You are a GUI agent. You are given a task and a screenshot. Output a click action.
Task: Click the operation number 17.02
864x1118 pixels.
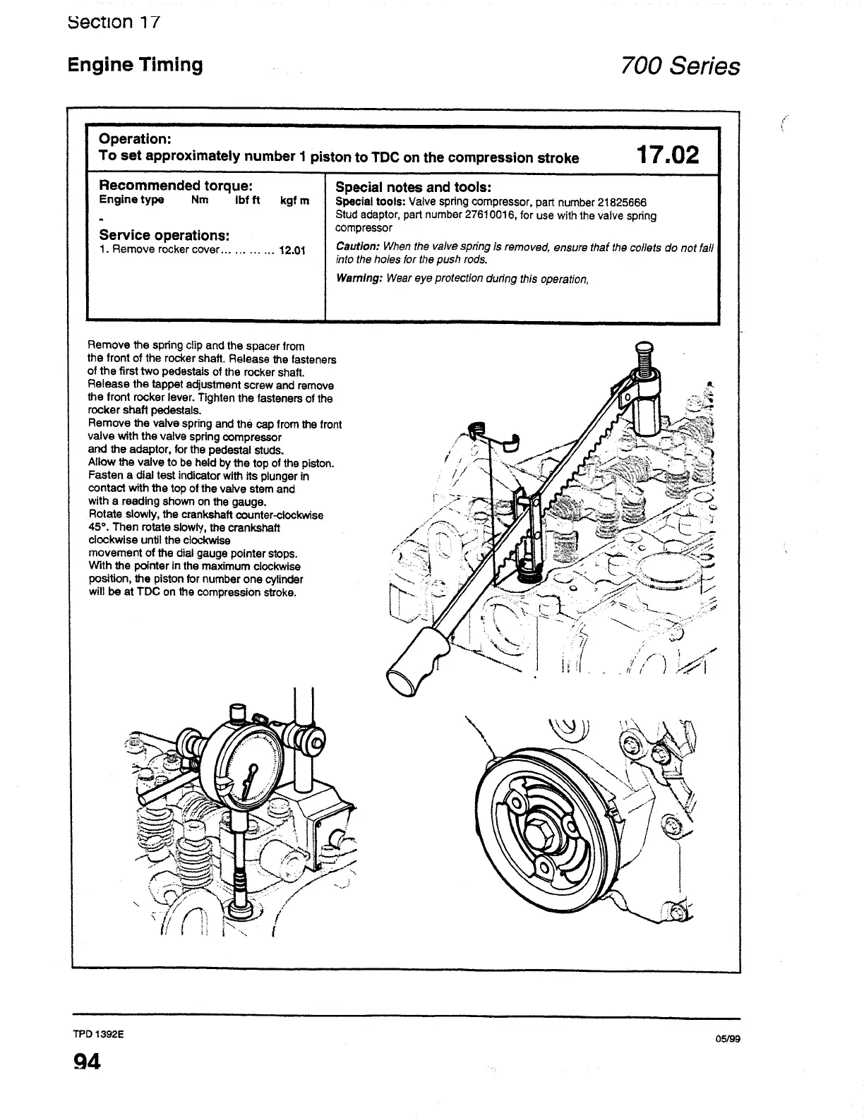pos(667,155)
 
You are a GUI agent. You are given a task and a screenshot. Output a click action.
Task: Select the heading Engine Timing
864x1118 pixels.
pos(135,65)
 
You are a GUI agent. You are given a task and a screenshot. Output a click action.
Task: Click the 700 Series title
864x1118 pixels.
pos(680,66)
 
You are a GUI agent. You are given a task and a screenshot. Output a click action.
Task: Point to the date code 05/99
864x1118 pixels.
pos(727,1039)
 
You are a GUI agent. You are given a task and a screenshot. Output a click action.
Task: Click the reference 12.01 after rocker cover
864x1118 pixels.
pos(292,250)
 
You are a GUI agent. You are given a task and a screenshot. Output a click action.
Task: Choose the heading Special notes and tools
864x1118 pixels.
pos(412,187)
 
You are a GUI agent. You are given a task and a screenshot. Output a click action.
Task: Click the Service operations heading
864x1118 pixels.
pos(164,234)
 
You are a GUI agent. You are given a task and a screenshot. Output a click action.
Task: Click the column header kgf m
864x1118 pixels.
pos(294,200)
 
